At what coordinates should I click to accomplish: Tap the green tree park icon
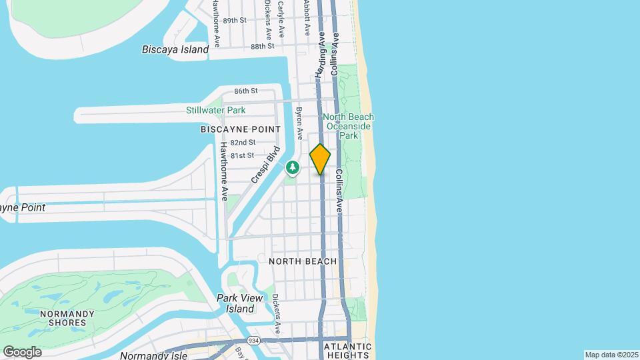click(x=292, y=167)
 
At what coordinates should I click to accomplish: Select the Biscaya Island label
click(x=175, y=49)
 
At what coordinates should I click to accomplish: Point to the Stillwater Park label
click(x=215, y=110)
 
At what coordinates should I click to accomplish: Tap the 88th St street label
click(x=263, y=47)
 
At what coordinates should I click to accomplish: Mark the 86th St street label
click(x=245, y=91)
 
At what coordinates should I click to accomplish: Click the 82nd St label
click(x=243, y=143)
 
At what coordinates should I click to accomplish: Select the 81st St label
click(x=241, y=155)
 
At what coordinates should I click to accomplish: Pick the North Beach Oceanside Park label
click(x=349, y=126)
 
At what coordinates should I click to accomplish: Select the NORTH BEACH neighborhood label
click(x=303, y=261)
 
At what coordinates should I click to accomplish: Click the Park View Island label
click(x=236, y=303)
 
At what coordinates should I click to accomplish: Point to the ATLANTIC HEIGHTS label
click(x=347, y=351)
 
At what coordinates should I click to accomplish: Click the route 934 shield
click(x=253, y=341)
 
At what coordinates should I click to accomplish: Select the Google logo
click(x=22, y=351)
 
